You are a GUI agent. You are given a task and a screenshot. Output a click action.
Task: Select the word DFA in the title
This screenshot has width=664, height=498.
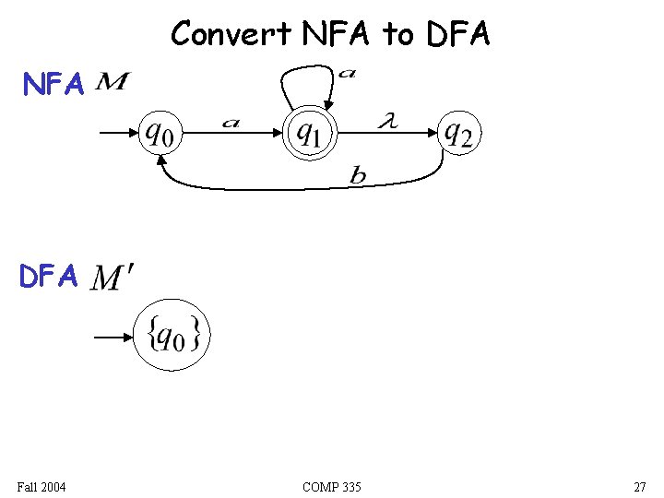[x=458, y=34]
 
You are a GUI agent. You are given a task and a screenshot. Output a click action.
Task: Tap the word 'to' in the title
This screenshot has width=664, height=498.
[x=398, y=35]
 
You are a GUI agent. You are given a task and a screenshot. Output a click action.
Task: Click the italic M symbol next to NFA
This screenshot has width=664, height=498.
[x=112, y=84]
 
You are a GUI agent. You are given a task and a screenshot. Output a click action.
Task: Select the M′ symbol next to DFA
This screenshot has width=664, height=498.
[x=113, y=278]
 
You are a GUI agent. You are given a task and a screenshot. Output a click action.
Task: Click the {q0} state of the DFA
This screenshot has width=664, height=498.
[x=172, y=337]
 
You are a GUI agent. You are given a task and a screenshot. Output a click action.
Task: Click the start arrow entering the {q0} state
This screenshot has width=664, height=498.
[x=113, y=338]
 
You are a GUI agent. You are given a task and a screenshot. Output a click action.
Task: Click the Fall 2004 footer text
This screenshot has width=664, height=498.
[x=41, y=487]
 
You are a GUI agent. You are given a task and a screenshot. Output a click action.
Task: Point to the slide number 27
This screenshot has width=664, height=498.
[x=639, y=487]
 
